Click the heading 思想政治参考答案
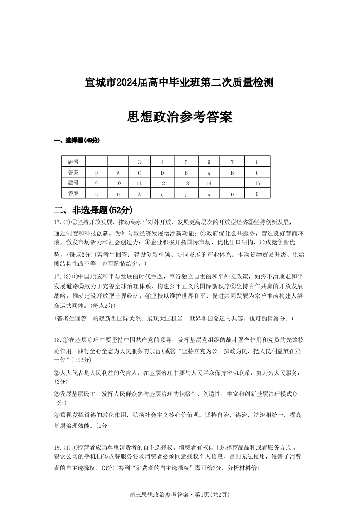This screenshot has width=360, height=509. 180,117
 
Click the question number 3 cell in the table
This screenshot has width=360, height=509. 140,162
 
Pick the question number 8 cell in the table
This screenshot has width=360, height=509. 257,162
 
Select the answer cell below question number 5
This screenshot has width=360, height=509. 186,173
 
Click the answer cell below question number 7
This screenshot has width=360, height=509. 232,173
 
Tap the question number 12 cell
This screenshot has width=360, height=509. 162,183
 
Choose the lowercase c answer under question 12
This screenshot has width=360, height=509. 162,194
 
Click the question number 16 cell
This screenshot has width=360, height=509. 257,183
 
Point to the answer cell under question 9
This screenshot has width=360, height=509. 97,194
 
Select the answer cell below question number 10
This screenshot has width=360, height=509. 118,194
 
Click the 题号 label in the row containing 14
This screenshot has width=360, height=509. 73,183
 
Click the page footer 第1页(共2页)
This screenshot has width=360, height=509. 212,494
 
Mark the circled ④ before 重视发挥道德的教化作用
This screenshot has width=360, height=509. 57,415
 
